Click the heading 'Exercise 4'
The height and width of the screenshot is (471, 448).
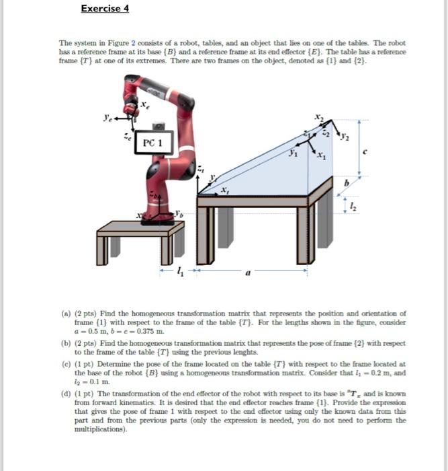click(x=105, y=9)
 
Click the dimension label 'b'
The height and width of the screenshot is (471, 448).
click(x=347, y=182)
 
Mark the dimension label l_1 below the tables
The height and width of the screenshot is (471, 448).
click(x=178, y=273)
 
